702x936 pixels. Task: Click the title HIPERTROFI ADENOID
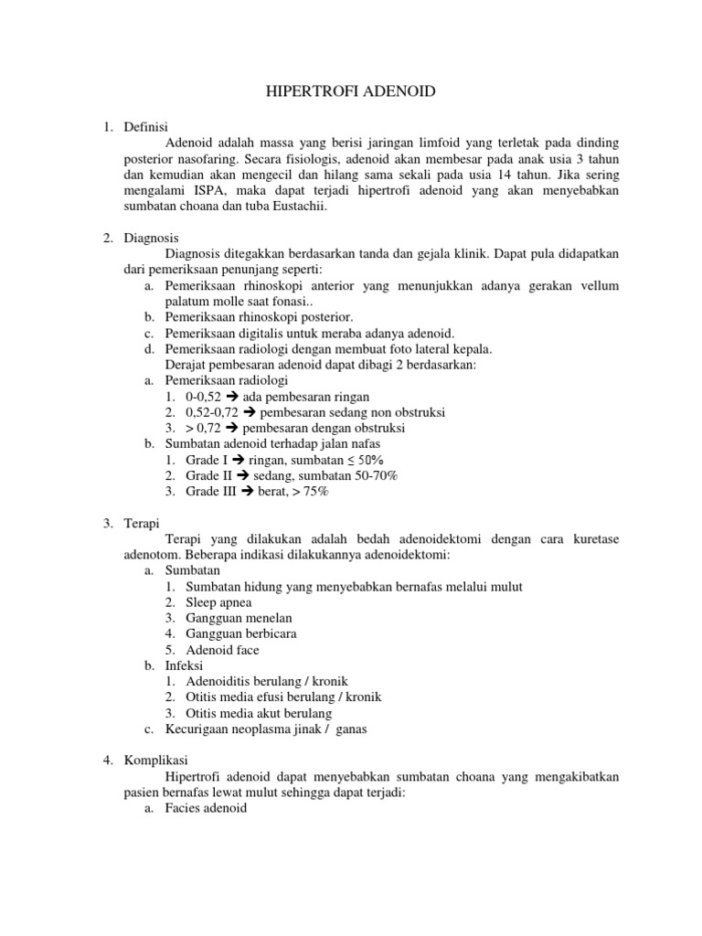(350, 91)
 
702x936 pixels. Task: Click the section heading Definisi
(145, 127)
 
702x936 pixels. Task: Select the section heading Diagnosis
(151, 238)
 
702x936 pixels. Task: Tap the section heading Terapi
(143, 524)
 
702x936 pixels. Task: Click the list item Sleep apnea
(218, 602)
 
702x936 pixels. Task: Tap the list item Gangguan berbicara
(240, 633)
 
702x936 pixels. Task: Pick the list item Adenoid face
(222, 650)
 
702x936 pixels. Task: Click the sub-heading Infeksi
(186, 665)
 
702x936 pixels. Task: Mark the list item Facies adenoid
(207, 809)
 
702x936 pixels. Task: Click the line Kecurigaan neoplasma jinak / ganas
(266, 729)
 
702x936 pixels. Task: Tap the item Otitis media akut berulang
(259, 713)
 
